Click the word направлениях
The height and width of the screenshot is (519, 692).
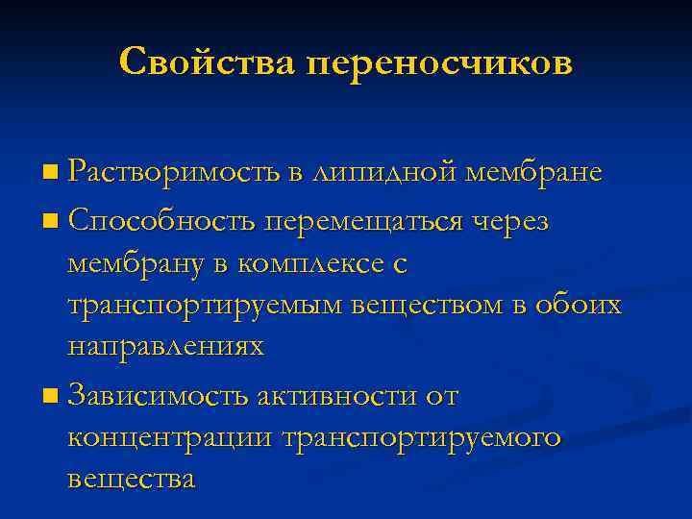(166, 347)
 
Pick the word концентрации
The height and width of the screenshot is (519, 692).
(170, 437)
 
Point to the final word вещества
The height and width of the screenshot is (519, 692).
(132, 479)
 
